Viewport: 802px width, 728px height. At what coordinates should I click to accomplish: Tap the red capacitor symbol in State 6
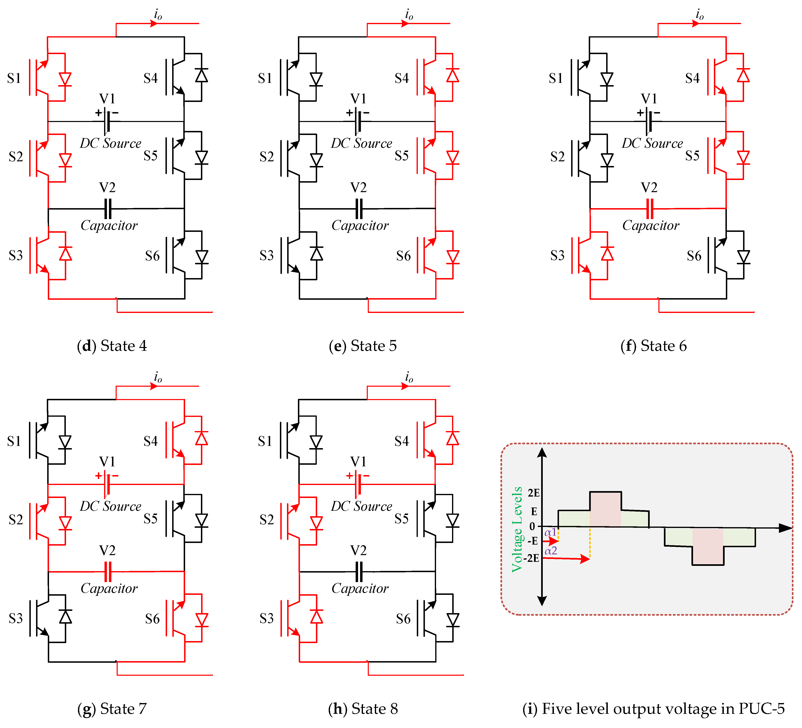[650, 209]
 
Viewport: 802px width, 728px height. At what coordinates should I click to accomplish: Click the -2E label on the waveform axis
[531, 558]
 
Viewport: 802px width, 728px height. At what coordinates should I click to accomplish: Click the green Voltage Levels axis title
[517, 529]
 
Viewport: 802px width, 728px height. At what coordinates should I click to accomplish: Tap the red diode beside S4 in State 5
[452, 76]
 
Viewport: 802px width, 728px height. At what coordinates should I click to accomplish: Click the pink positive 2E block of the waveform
[605, 510]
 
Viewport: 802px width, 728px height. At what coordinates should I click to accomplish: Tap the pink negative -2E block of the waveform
[708, 546]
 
